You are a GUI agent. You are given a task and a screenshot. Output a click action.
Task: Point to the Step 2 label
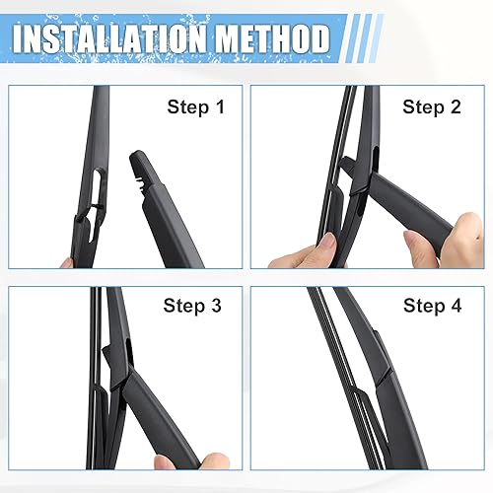tap(432, 107)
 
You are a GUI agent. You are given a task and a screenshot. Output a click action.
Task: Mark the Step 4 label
tap(432, 306)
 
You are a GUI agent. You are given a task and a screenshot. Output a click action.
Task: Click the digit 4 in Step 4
tap(455, 306)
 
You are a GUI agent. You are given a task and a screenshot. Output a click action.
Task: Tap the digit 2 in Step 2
tap(455, 107)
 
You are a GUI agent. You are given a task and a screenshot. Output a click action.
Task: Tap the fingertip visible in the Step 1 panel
tap(67, 261)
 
